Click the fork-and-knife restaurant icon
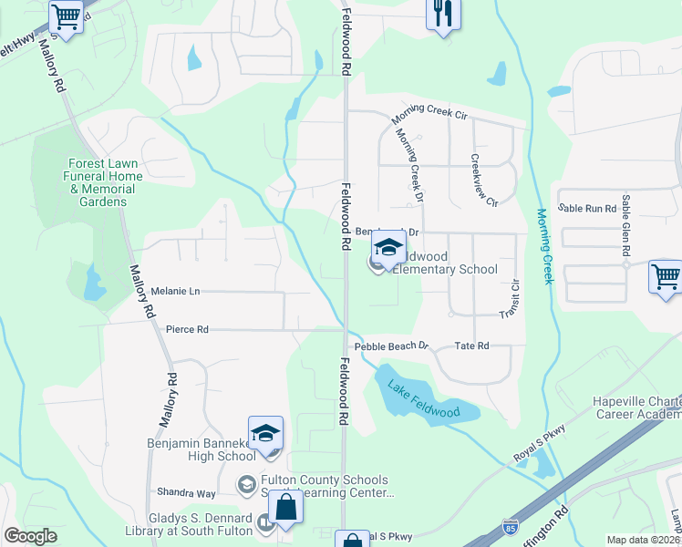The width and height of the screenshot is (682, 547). coord(444,15)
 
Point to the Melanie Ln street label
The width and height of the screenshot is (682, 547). coord(175,291)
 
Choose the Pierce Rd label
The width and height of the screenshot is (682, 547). coord(187,329)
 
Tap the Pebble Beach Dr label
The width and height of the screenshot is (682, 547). coord(391,346)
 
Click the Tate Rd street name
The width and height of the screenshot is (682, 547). coord(471,346)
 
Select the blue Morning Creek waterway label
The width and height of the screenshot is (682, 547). coord(545,246)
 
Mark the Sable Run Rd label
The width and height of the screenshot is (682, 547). coord(587,209)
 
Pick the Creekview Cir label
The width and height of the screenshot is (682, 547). coord(484,179)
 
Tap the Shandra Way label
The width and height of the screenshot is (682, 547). coord(186,493)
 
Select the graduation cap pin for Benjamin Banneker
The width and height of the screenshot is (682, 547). coord(265,434)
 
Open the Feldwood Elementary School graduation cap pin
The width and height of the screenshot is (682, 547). coord(388,248)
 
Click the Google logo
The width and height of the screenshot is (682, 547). coord(30,536)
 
